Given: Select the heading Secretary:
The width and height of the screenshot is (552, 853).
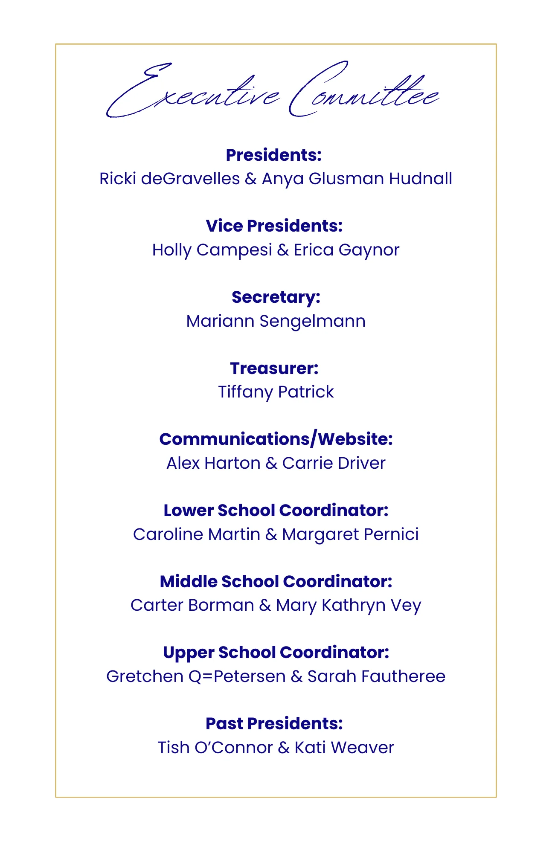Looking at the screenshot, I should point(276,297).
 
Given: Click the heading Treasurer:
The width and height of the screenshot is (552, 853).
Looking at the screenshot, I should point(274,368).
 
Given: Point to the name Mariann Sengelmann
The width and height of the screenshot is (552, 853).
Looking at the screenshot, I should point(276,321).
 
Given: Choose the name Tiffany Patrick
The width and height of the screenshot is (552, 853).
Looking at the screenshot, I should point(276,392).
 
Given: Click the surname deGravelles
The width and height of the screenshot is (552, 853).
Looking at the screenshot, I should point(190,179).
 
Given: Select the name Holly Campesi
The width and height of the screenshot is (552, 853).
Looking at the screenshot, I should point(212,250).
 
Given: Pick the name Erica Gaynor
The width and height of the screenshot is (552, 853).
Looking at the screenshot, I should point(346,250).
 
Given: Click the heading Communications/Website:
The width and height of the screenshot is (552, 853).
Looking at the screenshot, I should point(276,439).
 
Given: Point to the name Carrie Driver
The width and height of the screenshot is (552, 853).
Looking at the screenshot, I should point(334,463).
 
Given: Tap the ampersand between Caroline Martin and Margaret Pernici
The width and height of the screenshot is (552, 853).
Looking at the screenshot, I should point(271,534).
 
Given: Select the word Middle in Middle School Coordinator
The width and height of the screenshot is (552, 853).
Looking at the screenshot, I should point(189,582).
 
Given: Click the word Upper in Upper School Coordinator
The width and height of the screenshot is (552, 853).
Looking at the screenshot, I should point(188,653).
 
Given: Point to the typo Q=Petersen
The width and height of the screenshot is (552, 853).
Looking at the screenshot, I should point(237,676).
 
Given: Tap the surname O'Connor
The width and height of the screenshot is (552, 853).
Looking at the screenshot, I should point(233,748).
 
